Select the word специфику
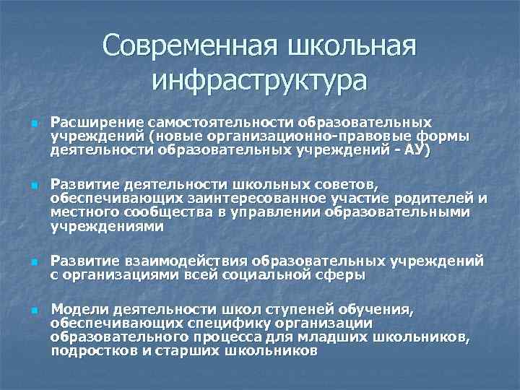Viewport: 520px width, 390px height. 222,324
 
